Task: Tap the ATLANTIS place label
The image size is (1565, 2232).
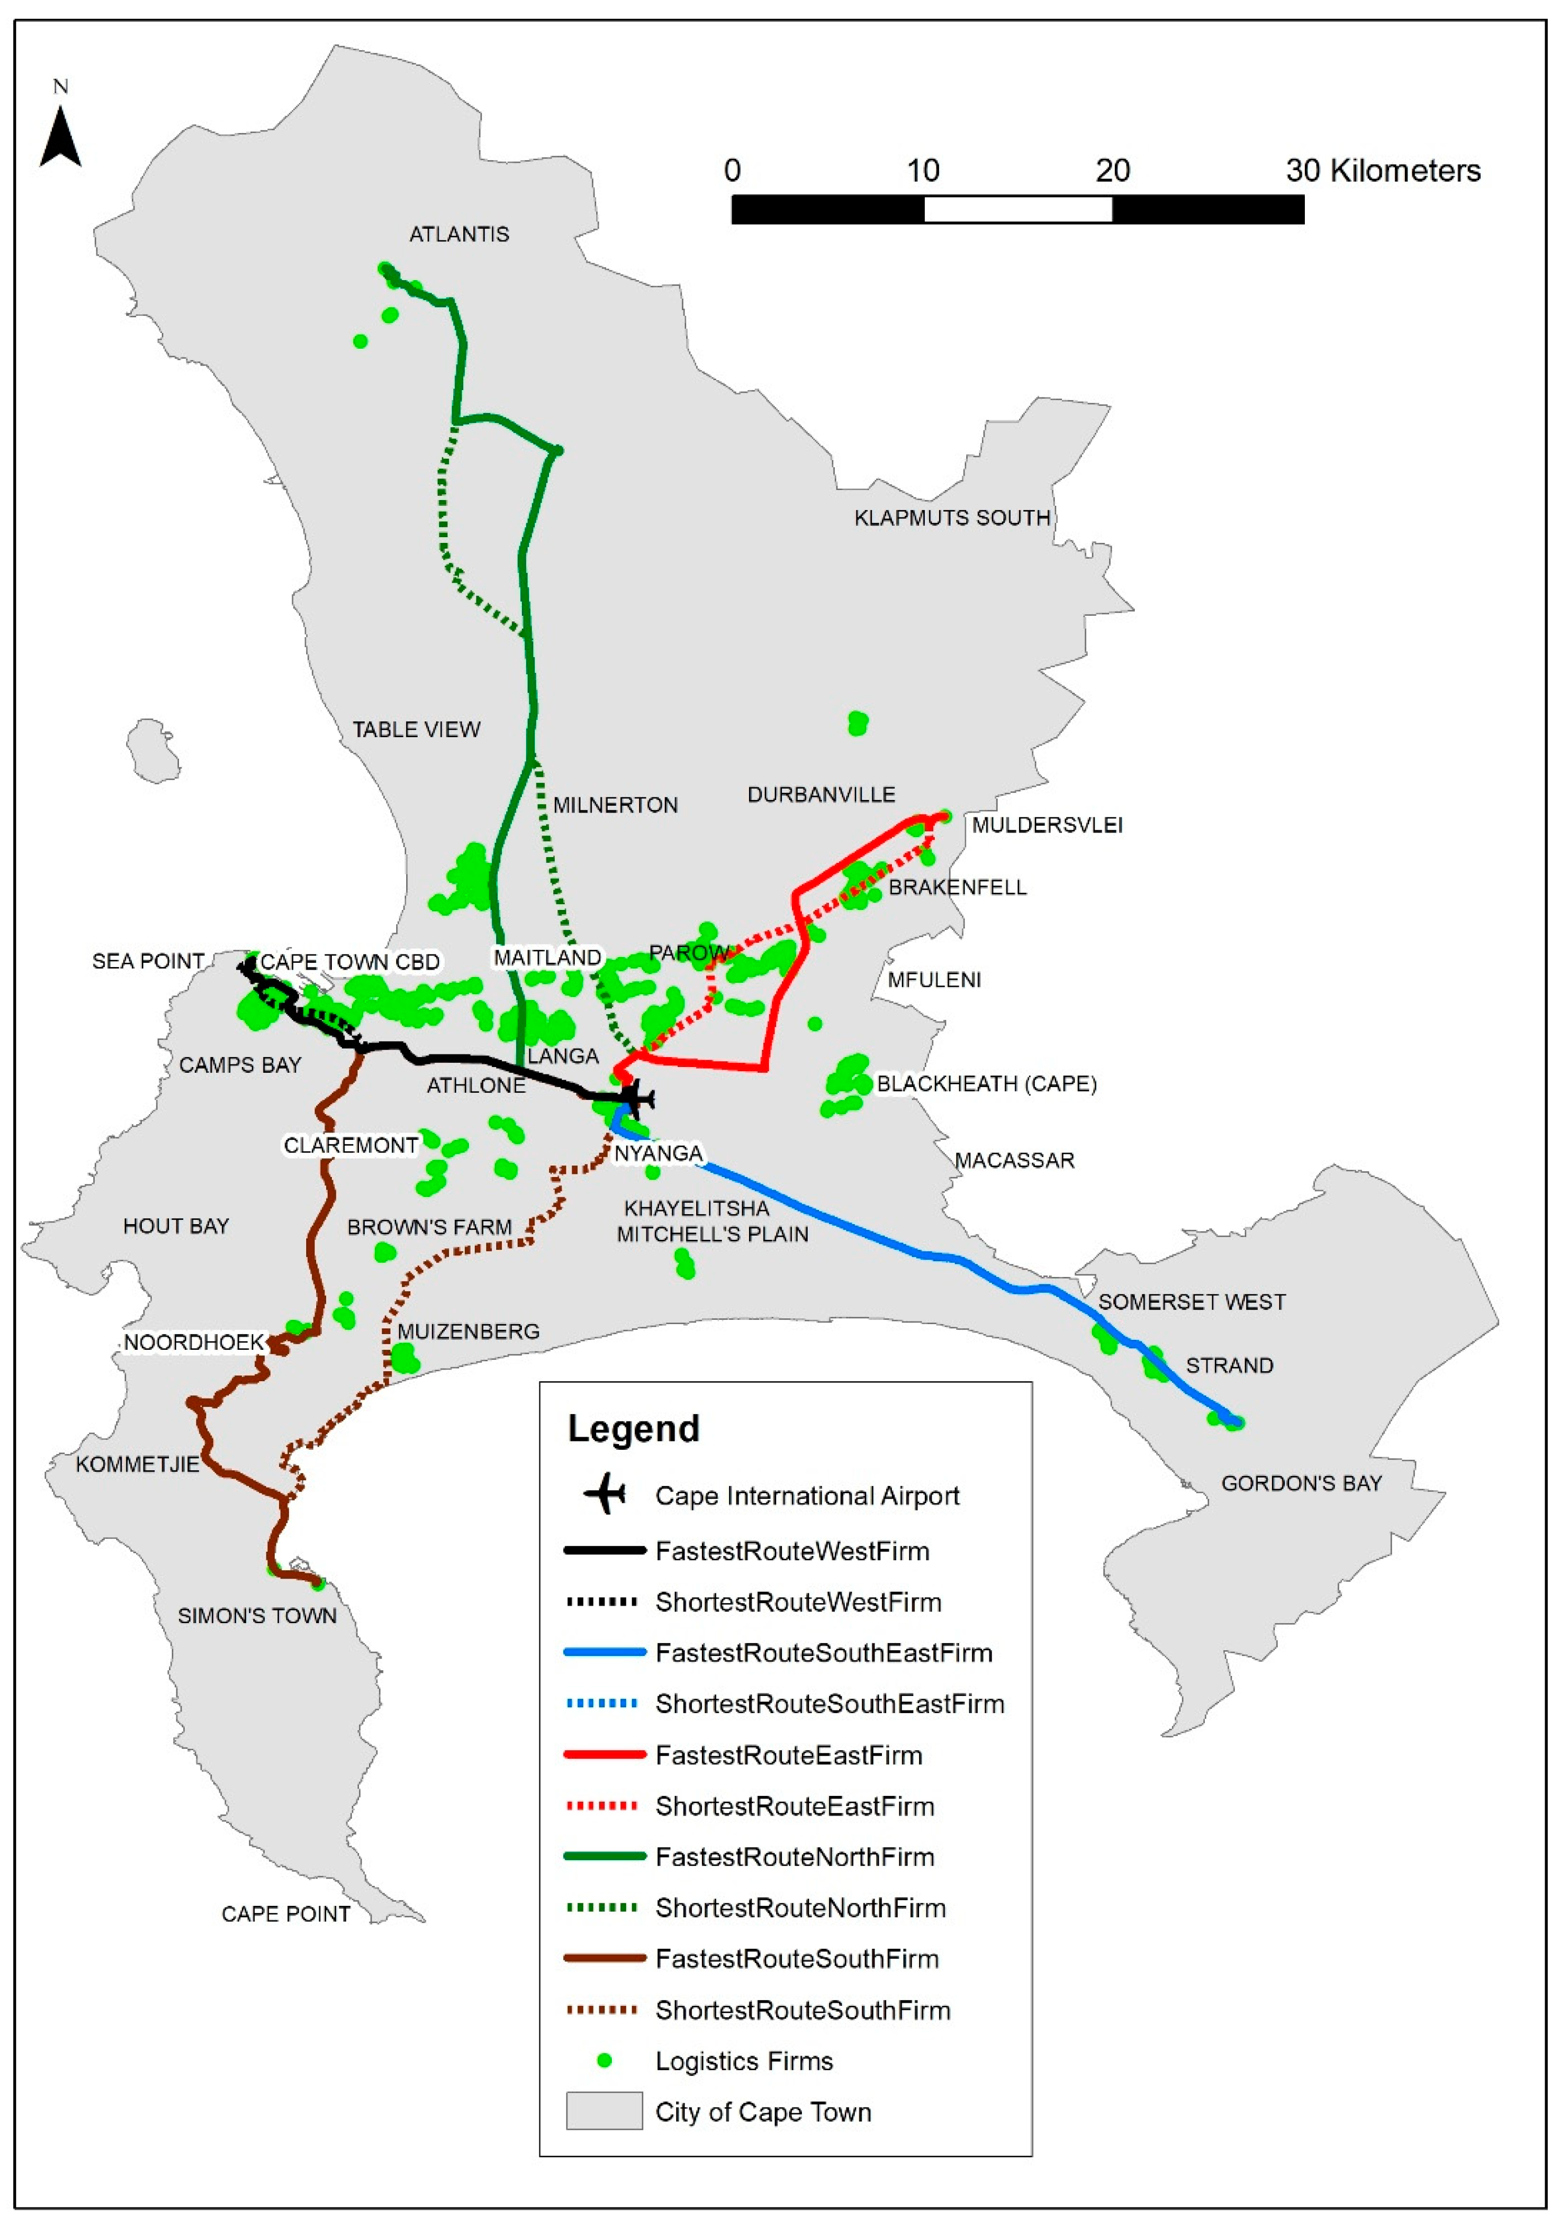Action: pos(459,234)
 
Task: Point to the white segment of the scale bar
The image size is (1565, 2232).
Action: pos(1017,209)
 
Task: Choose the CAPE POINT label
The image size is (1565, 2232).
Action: pos(286,1914)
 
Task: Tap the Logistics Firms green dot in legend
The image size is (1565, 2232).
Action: pos(603,2061)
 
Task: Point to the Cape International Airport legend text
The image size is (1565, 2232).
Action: pos(807,1496)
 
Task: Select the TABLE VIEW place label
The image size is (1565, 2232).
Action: pos(416,730)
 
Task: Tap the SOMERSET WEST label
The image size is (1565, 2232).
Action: pos(1192,1303)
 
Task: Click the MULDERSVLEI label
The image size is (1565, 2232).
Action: pos(1047,825)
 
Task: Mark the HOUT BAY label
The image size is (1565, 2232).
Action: pos(176,1227)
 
